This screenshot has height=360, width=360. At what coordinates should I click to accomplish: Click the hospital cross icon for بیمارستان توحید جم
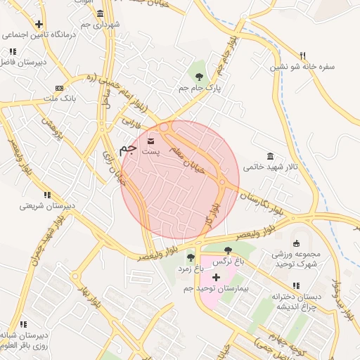(216, 278)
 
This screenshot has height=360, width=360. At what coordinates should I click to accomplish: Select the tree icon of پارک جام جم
(200, 77)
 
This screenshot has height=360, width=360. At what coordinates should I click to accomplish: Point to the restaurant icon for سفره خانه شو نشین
(303, 56)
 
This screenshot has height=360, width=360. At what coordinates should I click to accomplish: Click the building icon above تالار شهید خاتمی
(271, 155)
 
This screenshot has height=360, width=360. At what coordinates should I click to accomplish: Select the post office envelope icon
(153, 141)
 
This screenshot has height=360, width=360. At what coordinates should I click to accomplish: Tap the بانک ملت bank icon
(58, 89)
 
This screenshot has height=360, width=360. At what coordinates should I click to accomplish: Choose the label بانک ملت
(58, 101)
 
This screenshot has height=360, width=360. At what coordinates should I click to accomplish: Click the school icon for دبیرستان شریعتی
(47, 195)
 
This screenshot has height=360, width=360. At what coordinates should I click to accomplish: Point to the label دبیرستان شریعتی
(46, 207)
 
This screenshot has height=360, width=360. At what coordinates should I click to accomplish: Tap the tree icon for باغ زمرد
(191, 257)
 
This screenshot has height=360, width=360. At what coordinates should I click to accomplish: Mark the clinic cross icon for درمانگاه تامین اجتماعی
(49, 24)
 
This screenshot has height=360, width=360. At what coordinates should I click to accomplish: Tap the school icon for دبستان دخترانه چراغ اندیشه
(296, 285)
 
